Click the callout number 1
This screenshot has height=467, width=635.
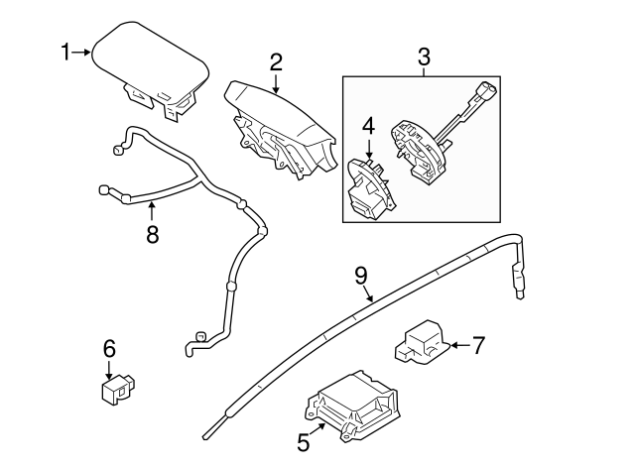[x=67, y=52]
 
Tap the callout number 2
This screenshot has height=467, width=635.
[x=275, y=61]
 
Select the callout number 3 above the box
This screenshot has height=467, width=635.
[x=424, y=57]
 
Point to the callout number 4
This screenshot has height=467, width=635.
[x=368, y=126]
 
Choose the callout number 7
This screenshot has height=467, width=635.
[x=478, y=345]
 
